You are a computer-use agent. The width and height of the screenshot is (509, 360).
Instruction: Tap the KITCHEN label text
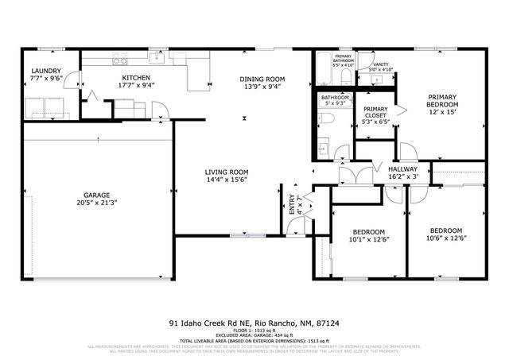coord(136,77)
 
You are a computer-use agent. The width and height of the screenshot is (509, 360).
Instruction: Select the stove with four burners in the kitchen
coord(120,59)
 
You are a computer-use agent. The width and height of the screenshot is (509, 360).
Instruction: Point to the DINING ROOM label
coord(262,79)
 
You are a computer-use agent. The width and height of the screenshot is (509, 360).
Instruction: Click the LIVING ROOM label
coord(227,172)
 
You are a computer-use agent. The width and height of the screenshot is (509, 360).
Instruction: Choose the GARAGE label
coord(97,195)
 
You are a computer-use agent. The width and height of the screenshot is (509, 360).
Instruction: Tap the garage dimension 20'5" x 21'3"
coord(97,203)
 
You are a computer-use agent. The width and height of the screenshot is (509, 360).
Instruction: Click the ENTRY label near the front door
coord(291,205)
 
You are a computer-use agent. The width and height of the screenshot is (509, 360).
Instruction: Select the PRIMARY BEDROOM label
coord(442,100)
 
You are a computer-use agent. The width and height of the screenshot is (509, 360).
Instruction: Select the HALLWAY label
coord(402,169)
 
